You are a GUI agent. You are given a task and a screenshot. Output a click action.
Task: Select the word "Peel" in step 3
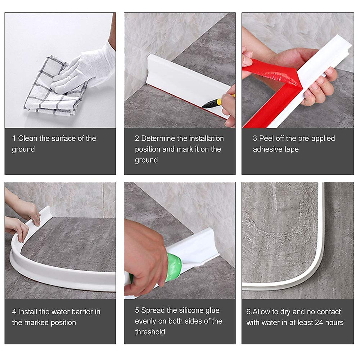point(266,138)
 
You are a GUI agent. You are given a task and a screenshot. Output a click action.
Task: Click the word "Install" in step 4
point(28,312)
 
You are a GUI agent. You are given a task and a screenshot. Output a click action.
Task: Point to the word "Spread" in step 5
point(153,310)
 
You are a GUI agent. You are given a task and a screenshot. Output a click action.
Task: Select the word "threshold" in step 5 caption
point(150,332)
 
